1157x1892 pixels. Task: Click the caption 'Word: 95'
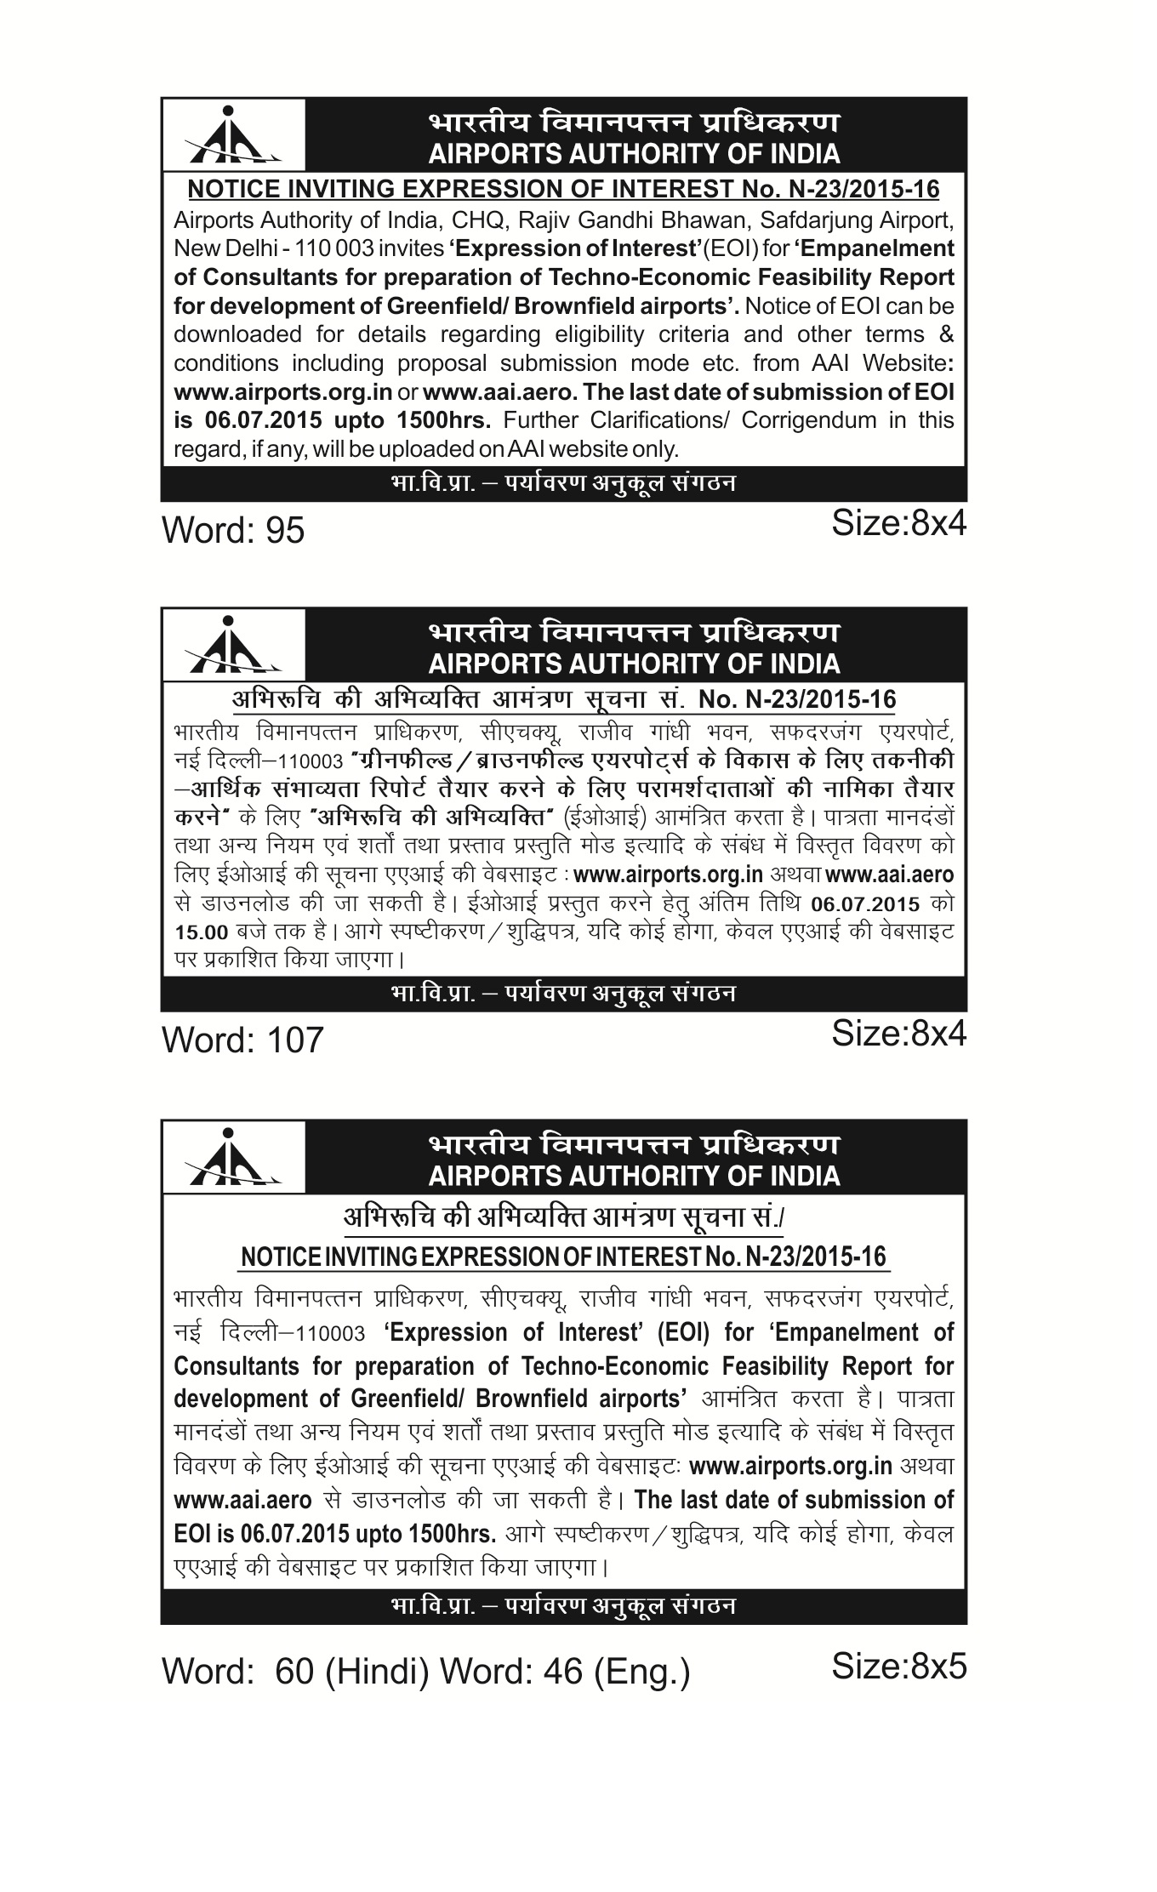click(x=233, y=531)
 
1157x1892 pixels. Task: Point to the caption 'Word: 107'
click(x=242, y=1040)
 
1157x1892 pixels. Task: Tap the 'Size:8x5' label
click(x=898, y=1666)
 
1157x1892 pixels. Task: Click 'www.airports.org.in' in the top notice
click(x=282, y=392)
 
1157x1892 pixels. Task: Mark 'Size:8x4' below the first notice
click(x=898, y=524)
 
